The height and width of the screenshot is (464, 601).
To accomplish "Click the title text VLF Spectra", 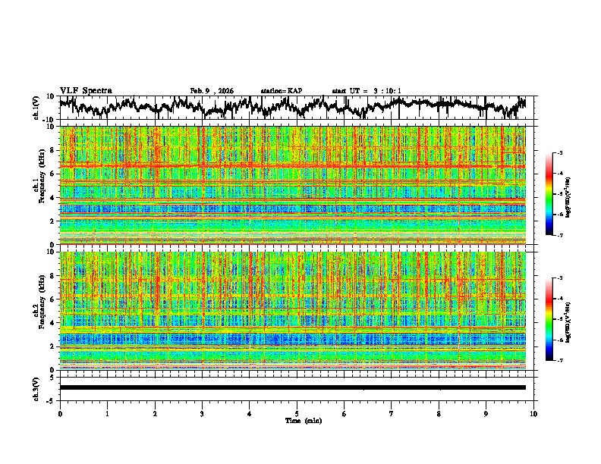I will (86, 90).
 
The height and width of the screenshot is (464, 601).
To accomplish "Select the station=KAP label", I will (281, 91).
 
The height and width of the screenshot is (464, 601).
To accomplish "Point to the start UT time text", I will (367, 91).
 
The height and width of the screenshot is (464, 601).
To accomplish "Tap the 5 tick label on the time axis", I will (297, 413).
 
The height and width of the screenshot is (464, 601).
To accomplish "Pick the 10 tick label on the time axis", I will (533, 413).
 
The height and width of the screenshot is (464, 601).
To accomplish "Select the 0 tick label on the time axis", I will (60, 413).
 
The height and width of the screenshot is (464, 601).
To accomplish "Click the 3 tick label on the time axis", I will (202, 413).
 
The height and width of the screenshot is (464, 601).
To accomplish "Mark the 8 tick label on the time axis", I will (439, 413).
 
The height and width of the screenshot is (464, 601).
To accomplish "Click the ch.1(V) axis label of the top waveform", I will (36, 107).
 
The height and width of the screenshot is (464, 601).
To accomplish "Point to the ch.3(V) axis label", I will (36, 387).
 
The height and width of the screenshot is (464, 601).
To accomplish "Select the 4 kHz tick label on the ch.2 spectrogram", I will (52, 323).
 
